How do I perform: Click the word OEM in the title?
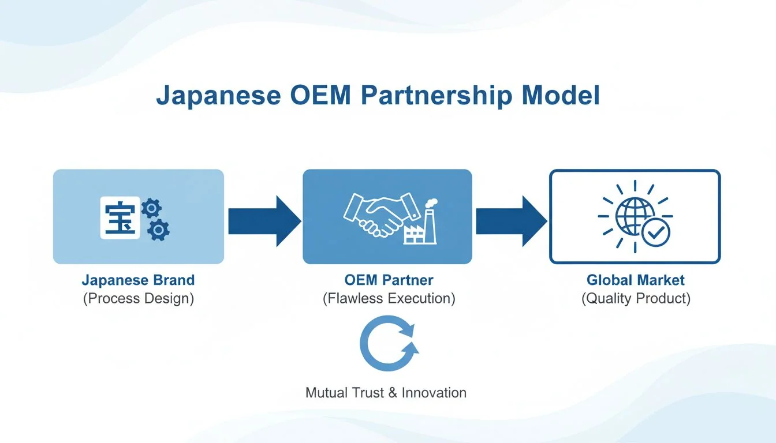317,96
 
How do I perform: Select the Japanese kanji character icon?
120,217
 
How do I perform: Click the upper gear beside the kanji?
151,208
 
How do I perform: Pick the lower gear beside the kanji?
158,230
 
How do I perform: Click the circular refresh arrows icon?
389,343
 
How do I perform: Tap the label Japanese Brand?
138,280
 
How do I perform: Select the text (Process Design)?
138,299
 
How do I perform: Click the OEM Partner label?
389,280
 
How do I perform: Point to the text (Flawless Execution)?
389,299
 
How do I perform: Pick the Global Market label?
635,280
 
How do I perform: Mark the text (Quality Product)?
635,299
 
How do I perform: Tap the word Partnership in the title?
436,96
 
